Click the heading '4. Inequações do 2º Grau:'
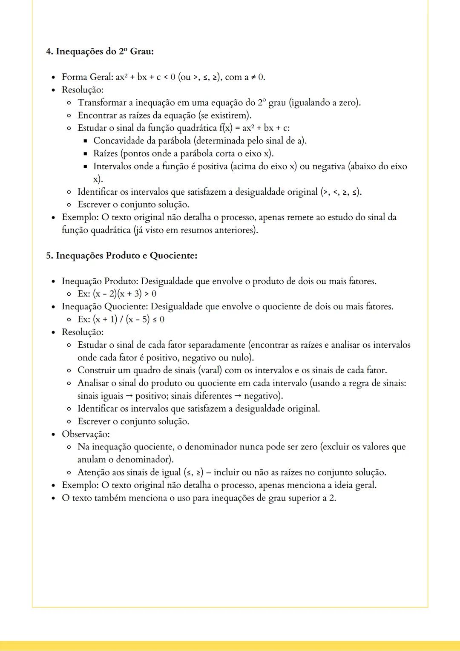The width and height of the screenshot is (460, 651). point(100,52)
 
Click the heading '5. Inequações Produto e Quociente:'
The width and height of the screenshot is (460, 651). point(121,256)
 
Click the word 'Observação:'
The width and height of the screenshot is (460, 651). point(86,434)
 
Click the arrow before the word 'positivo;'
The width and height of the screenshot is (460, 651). point(129,396)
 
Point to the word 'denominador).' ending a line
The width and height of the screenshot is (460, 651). point(145,460)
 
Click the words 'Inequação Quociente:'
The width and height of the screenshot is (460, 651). point(105,307)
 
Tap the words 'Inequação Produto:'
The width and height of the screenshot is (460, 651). point(100,281)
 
